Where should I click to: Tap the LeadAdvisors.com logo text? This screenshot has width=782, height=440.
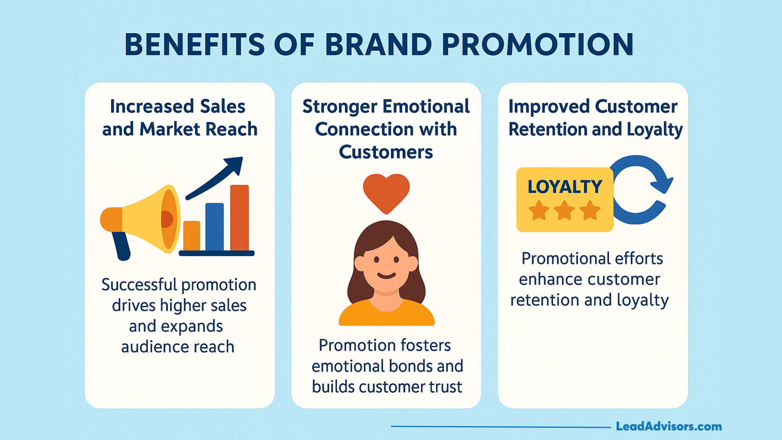pyautogui.click(x=669, y=427)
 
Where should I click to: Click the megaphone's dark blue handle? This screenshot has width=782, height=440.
pyautogui.click(x=121, y=246)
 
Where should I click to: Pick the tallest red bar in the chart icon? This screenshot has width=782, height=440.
pyautogui.click(x=239, y=218)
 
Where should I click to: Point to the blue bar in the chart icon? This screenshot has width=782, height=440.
pyautogui.click(x=215, y=227)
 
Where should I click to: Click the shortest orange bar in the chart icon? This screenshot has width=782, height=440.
pyautogui.click(x=191, y=236)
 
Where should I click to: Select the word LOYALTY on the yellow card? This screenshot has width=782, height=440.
pyautogui.click(x=565, y=187)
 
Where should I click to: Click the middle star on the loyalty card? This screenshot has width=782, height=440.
pyautogui.click(x=565, y=210)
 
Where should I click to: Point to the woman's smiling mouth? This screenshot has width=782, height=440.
pyautogui.click(x=386, y=275)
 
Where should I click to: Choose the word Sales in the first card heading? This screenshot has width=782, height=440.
pyautogui.click(x=222, y=107)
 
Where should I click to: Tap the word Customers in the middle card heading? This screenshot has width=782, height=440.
pyautogui.click(x=386, y=152)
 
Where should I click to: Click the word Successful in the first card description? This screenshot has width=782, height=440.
pyautogui.click(x=139, y=285)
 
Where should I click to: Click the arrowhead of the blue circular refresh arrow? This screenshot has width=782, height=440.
pyautogui.click(x=661, y=183)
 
